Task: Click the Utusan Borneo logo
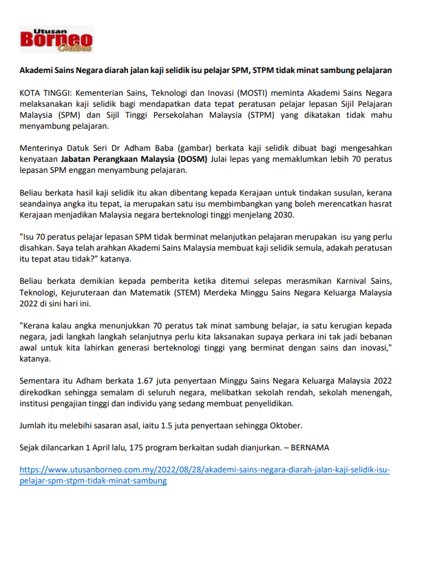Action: pos(56,40)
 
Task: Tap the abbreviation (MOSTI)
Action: pos(224,92)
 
